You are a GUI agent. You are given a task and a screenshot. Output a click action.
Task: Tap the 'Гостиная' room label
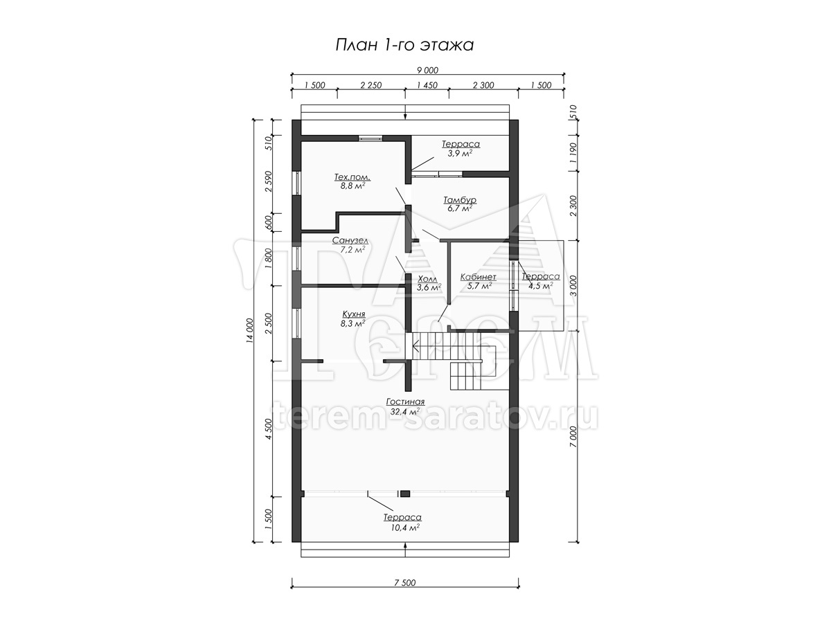pyautogui.click(x=405, y=401)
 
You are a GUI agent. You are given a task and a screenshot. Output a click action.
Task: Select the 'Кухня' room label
pyautogui.click(x=354, y=314)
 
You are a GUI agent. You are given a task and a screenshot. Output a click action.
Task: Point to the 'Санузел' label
pyautogui.click(x=350, y=241)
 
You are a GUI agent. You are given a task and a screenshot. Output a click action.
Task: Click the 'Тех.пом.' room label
pyautogui.click(x=352, y=177)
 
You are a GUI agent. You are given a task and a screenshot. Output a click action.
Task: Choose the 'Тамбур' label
pyautogui.click(x=460, y=200)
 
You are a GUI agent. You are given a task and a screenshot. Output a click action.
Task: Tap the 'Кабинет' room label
pyautogui.click(x=478, y=277)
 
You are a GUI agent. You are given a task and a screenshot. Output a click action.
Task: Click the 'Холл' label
pyautogui.click(x=427, y=279)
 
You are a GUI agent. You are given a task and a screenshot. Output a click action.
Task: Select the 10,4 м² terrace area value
pyautogui.click(x=402, y=527)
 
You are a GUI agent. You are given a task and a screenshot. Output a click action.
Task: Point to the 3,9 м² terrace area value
pyautogui.click(x=460, y=153)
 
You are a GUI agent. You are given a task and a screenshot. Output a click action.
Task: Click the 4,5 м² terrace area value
pyautogui.click(x=540, y=286)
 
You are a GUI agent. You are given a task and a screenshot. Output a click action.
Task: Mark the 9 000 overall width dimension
pyautogui.click(x=427, y=71)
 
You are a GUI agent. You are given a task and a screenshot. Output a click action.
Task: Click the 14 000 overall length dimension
pyautogui.click(x=249, y=331)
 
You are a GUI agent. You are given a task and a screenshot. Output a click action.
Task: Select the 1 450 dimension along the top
pyautogui.click(x=427, y=85)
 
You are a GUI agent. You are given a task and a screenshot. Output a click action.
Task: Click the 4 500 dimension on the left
pyautogui.click(x=269, y=428)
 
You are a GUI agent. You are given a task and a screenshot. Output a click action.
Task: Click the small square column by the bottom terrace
pyautogui.click(x=405, y=494)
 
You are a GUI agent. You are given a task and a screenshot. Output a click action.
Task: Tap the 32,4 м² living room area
pyautogui.click(x=404, y=412)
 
